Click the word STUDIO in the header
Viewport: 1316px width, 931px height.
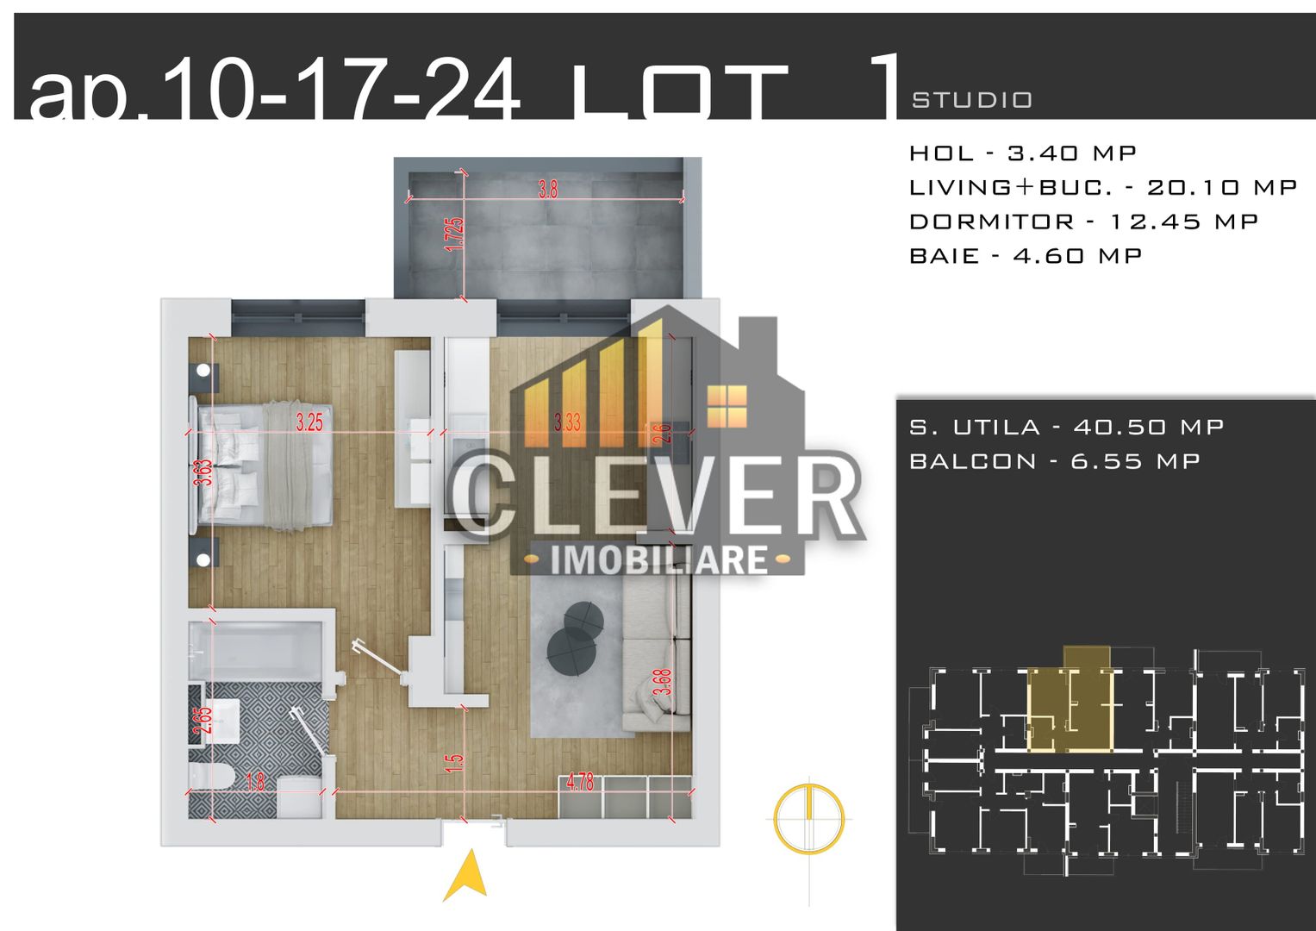(972, 101)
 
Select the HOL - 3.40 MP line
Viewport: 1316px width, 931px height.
(1023, 153)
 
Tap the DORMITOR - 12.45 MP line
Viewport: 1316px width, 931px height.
(1083, 222)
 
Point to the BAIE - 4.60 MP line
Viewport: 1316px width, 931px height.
(1026, 256)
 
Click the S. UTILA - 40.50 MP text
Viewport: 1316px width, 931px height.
(1066, 427)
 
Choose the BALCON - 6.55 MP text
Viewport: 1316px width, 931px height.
(1055, 461)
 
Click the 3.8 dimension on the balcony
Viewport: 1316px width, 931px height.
(548, 189)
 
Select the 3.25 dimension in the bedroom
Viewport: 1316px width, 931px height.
(309, 422)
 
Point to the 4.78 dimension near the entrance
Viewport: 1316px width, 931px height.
(580, 782)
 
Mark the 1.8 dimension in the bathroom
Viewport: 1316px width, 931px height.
(255, 782)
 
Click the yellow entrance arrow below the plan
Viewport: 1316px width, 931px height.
(466, 876)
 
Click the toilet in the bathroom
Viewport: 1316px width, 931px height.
(210, 778)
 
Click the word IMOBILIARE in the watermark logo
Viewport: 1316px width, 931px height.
(658, 559)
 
